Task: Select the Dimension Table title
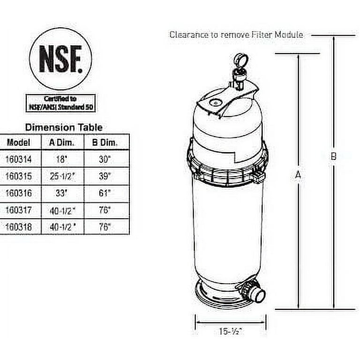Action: pos(63,127)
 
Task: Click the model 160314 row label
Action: pos(19,159)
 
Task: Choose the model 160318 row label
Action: pos(19,227)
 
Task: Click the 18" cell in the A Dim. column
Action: pos(61,159)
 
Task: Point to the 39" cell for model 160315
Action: pos(105,177)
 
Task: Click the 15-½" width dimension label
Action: pos(230,331)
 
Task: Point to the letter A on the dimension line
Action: pos(297,174)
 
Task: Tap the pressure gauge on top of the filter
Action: pos(240,61)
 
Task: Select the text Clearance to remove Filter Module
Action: pos(236,34)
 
